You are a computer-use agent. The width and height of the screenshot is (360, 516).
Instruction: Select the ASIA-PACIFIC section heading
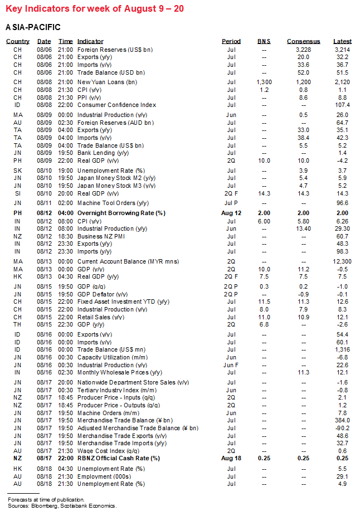click(x=33, y=27)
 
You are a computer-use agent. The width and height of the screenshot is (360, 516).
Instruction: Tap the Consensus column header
click(x=303, y=41)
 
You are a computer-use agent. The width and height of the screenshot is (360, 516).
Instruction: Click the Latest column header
click(x=342, y=41)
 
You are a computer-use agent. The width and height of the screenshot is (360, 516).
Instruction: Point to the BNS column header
click(x=264, y=41)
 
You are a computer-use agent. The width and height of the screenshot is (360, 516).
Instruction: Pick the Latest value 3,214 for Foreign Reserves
click(x=342, y=49)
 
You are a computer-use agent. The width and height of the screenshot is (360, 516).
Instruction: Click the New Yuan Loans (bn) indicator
click(x=108, y=82)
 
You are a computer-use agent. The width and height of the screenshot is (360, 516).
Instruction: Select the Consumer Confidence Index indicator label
click(x=116, y=105)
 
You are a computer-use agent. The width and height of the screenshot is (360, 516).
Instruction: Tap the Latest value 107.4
click(x=342, y=105)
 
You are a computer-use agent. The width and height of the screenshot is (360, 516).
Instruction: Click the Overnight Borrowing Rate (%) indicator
click(x=121, y=213)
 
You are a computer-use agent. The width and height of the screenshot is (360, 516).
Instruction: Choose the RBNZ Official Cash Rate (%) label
click(x=119, y=458)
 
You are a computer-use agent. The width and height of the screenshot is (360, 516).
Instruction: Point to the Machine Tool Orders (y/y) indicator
click(x=113, y=203)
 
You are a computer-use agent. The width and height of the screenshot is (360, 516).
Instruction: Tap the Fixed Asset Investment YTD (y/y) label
click(x=123, y=302)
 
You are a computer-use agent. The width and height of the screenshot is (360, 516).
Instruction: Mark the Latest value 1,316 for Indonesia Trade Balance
click(x=342, y=349)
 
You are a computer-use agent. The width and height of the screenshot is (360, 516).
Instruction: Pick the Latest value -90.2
click(x=342, y=428)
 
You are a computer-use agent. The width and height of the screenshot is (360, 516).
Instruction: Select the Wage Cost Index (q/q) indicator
click(x=108, y=450)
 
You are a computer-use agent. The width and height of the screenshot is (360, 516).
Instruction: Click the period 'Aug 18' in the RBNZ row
click(x=231, y=458)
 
